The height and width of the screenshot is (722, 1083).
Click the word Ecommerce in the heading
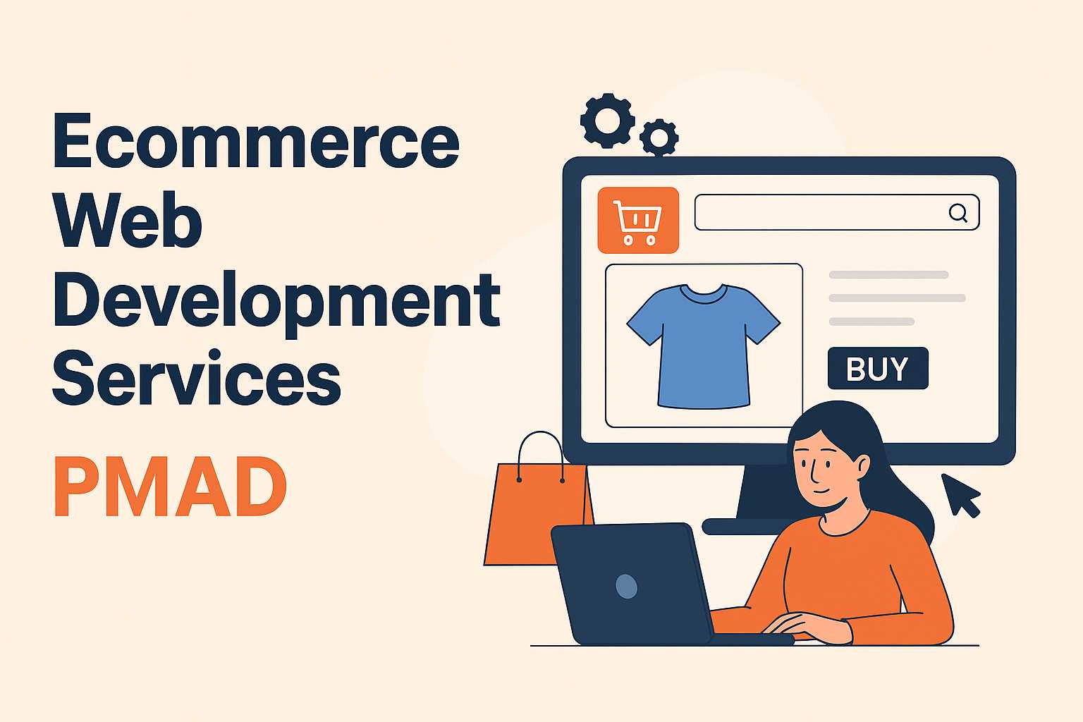click(256, 140)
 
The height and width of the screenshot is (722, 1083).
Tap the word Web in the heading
click(128, 219)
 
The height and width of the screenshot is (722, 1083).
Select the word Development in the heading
click(276, 301)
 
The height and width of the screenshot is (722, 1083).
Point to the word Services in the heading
click(197, 378)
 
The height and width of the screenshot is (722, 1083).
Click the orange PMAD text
click(170, 487)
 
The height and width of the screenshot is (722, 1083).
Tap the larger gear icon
click(608, 121)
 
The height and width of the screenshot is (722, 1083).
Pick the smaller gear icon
click(659, 137)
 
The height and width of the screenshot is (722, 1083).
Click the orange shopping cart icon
click(638, 221)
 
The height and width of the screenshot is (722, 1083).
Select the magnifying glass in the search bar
click(957, 212)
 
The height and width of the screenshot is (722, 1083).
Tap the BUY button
click(878, 369)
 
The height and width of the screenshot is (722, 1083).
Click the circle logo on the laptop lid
click(627, 587)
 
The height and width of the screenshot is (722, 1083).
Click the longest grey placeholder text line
click(898, 298)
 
